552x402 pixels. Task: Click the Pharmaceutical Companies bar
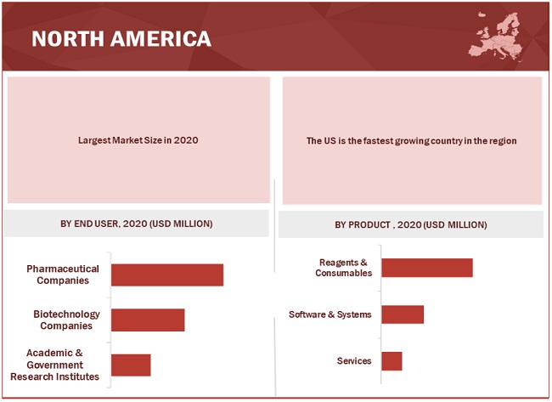[x=166, y=275]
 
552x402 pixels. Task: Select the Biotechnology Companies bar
[x=148, y=320]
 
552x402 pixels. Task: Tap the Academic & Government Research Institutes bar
[x=131, y=365]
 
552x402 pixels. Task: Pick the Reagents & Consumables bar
[x=426, y=267]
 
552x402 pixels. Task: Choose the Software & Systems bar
[x=402, y=314]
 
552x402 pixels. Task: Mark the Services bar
[x=391, y=360]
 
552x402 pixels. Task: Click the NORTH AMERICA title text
[x=121, y=39]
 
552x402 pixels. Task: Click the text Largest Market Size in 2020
[x=138, y=140]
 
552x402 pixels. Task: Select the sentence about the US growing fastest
[x=412, y=140]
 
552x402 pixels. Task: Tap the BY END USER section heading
[x=137, y=224]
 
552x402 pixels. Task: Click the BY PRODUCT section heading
[x=411, y=224]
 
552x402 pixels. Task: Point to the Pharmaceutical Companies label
[x=63, y=275]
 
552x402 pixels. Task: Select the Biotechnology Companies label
[x=66, y=320]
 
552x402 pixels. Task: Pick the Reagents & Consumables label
[x=343, y=268]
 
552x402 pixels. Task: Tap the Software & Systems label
[x=330, y=314]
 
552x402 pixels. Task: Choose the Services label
[x=354, y=360]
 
